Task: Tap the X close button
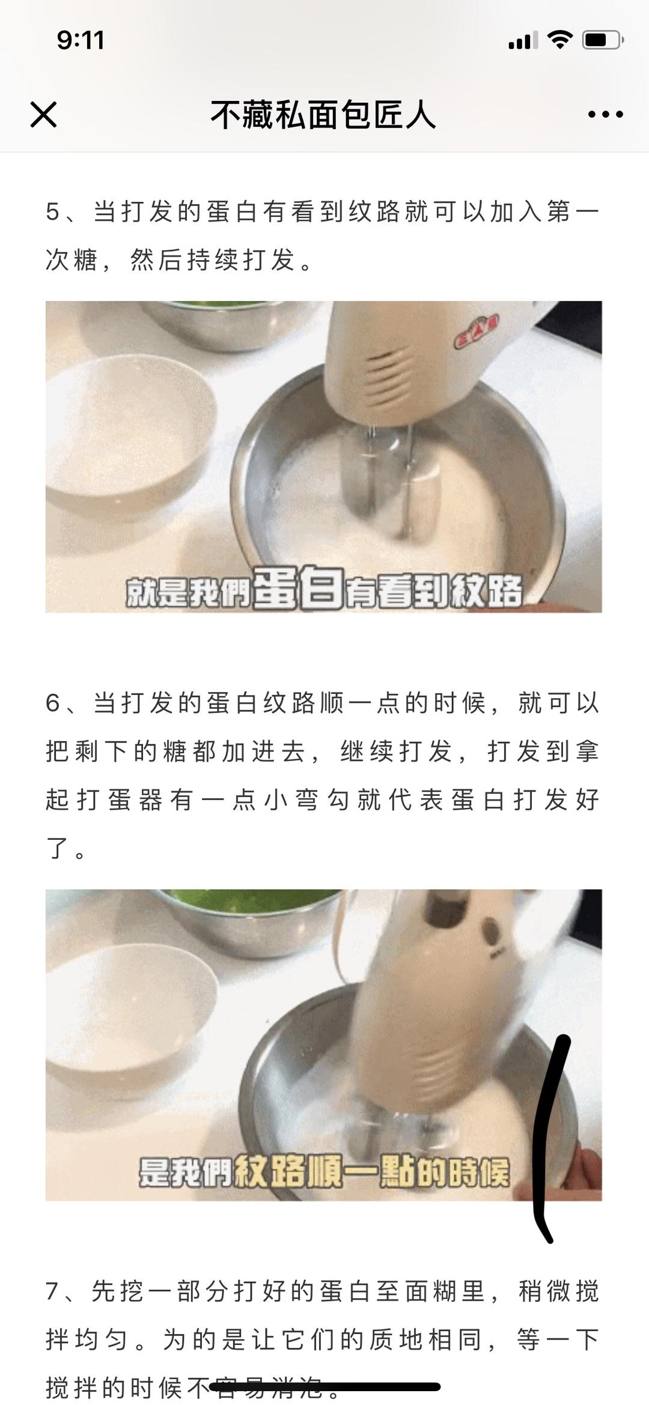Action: [43, 114]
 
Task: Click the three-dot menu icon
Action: [605, 114]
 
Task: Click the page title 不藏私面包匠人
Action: [323, 115]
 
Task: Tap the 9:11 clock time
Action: [81, 40]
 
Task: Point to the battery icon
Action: [602, 40]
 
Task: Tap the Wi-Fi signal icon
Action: [559, 40]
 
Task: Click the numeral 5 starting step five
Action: [53, 212]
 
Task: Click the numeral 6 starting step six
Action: [53, 703]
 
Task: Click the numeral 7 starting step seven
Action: [53, 1291]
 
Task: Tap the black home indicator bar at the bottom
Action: [324, 1387]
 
